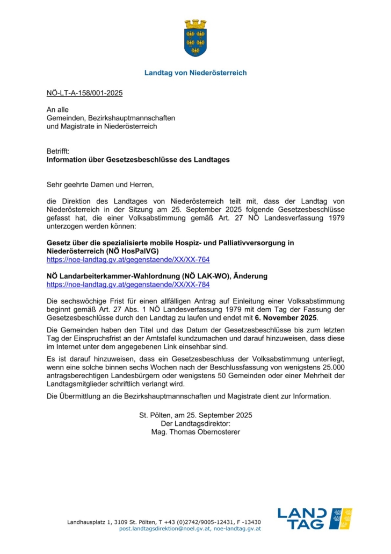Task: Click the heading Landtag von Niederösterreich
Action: click(195, 73)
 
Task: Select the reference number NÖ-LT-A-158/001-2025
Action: click(84, 93)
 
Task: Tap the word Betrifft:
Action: click(58, 152)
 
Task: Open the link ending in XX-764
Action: click(128, 259)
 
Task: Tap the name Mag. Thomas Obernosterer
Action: click(195, 431)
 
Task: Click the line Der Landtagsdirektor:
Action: click(195, 423)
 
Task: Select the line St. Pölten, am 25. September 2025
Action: click(195, 415)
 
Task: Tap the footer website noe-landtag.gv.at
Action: click(237, 529)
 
